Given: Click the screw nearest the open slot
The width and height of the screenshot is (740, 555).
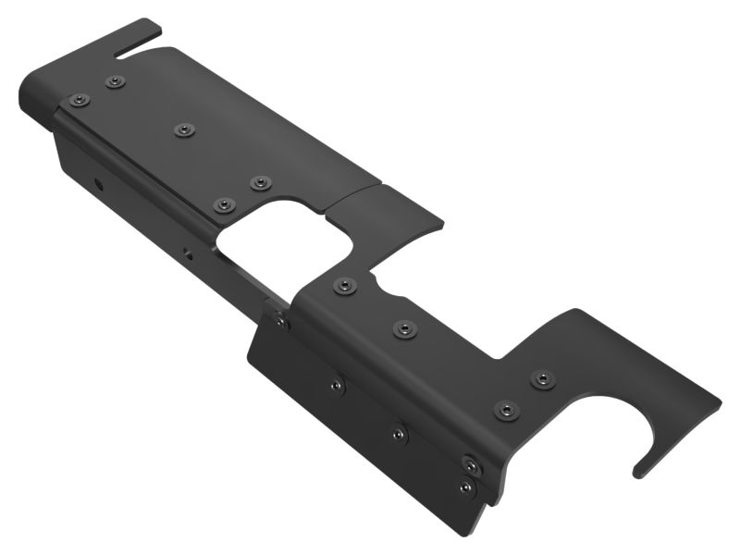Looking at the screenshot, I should click(115, 82).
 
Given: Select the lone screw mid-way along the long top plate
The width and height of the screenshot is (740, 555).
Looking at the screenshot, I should click(183, 129).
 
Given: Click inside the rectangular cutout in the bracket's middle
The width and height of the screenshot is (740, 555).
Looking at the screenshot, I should click(282, 240).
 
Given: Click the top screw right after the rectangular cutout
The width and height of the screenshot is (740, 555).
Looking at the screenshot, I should click(344, 286).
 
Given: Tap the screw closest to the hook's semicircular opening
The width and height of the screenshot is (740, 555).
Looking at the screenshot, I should click(542, 378).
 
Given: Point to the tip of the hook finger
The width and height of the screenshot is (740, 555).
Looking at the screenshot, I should click(638, 473).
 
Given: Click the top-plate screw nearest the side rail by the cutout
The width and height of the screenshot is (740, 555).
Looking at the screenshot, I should click(223, 204).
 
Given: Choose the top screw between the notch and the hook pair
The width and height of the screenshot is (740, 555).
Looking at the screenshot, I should click(404, 328).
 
